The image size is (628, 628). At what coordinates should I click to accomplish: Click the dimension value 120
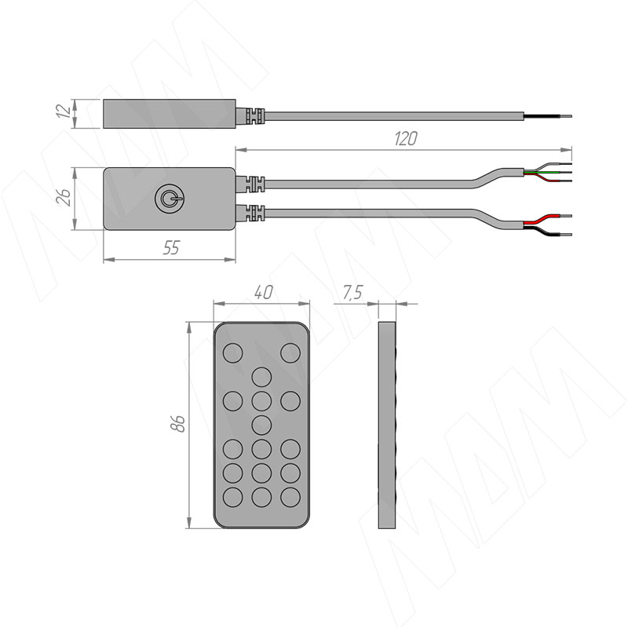[x=406, y=139]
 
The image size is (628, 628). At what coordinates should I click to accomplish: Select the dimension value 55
[x=171, y=248]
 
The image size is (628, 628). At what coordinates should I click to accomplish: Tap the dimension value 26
[x=64, y=198]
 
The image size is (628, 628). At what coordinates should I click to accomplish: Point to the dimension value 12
[x=64, y=111]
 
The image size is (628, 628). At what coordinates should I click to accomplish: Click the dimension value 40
[x=263, y=292]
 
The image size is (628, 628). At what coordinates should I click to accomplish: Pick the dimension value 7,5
[x=352, y=293]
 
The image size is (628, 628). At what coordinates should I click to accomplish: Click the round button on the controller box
[x=170, y=199]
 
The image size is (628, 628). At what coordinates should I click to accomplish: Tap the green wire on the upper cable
[x=547, y=172]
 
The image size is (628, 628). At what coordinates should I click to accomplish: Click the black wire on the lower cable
[x=547, y=231]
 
